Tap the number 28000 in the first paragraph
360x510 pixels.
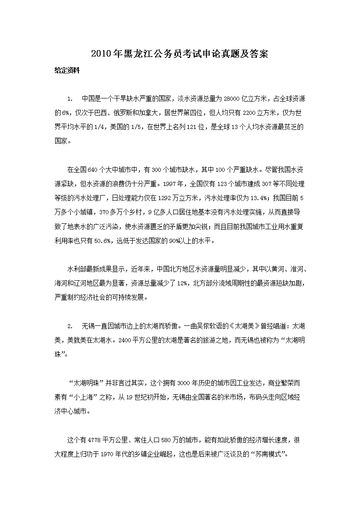(x=231, y=98)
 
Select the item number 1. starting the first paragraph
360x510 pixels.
(x=70, y=98)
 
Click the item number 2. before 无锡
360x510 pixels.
(x=70, y=326)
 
